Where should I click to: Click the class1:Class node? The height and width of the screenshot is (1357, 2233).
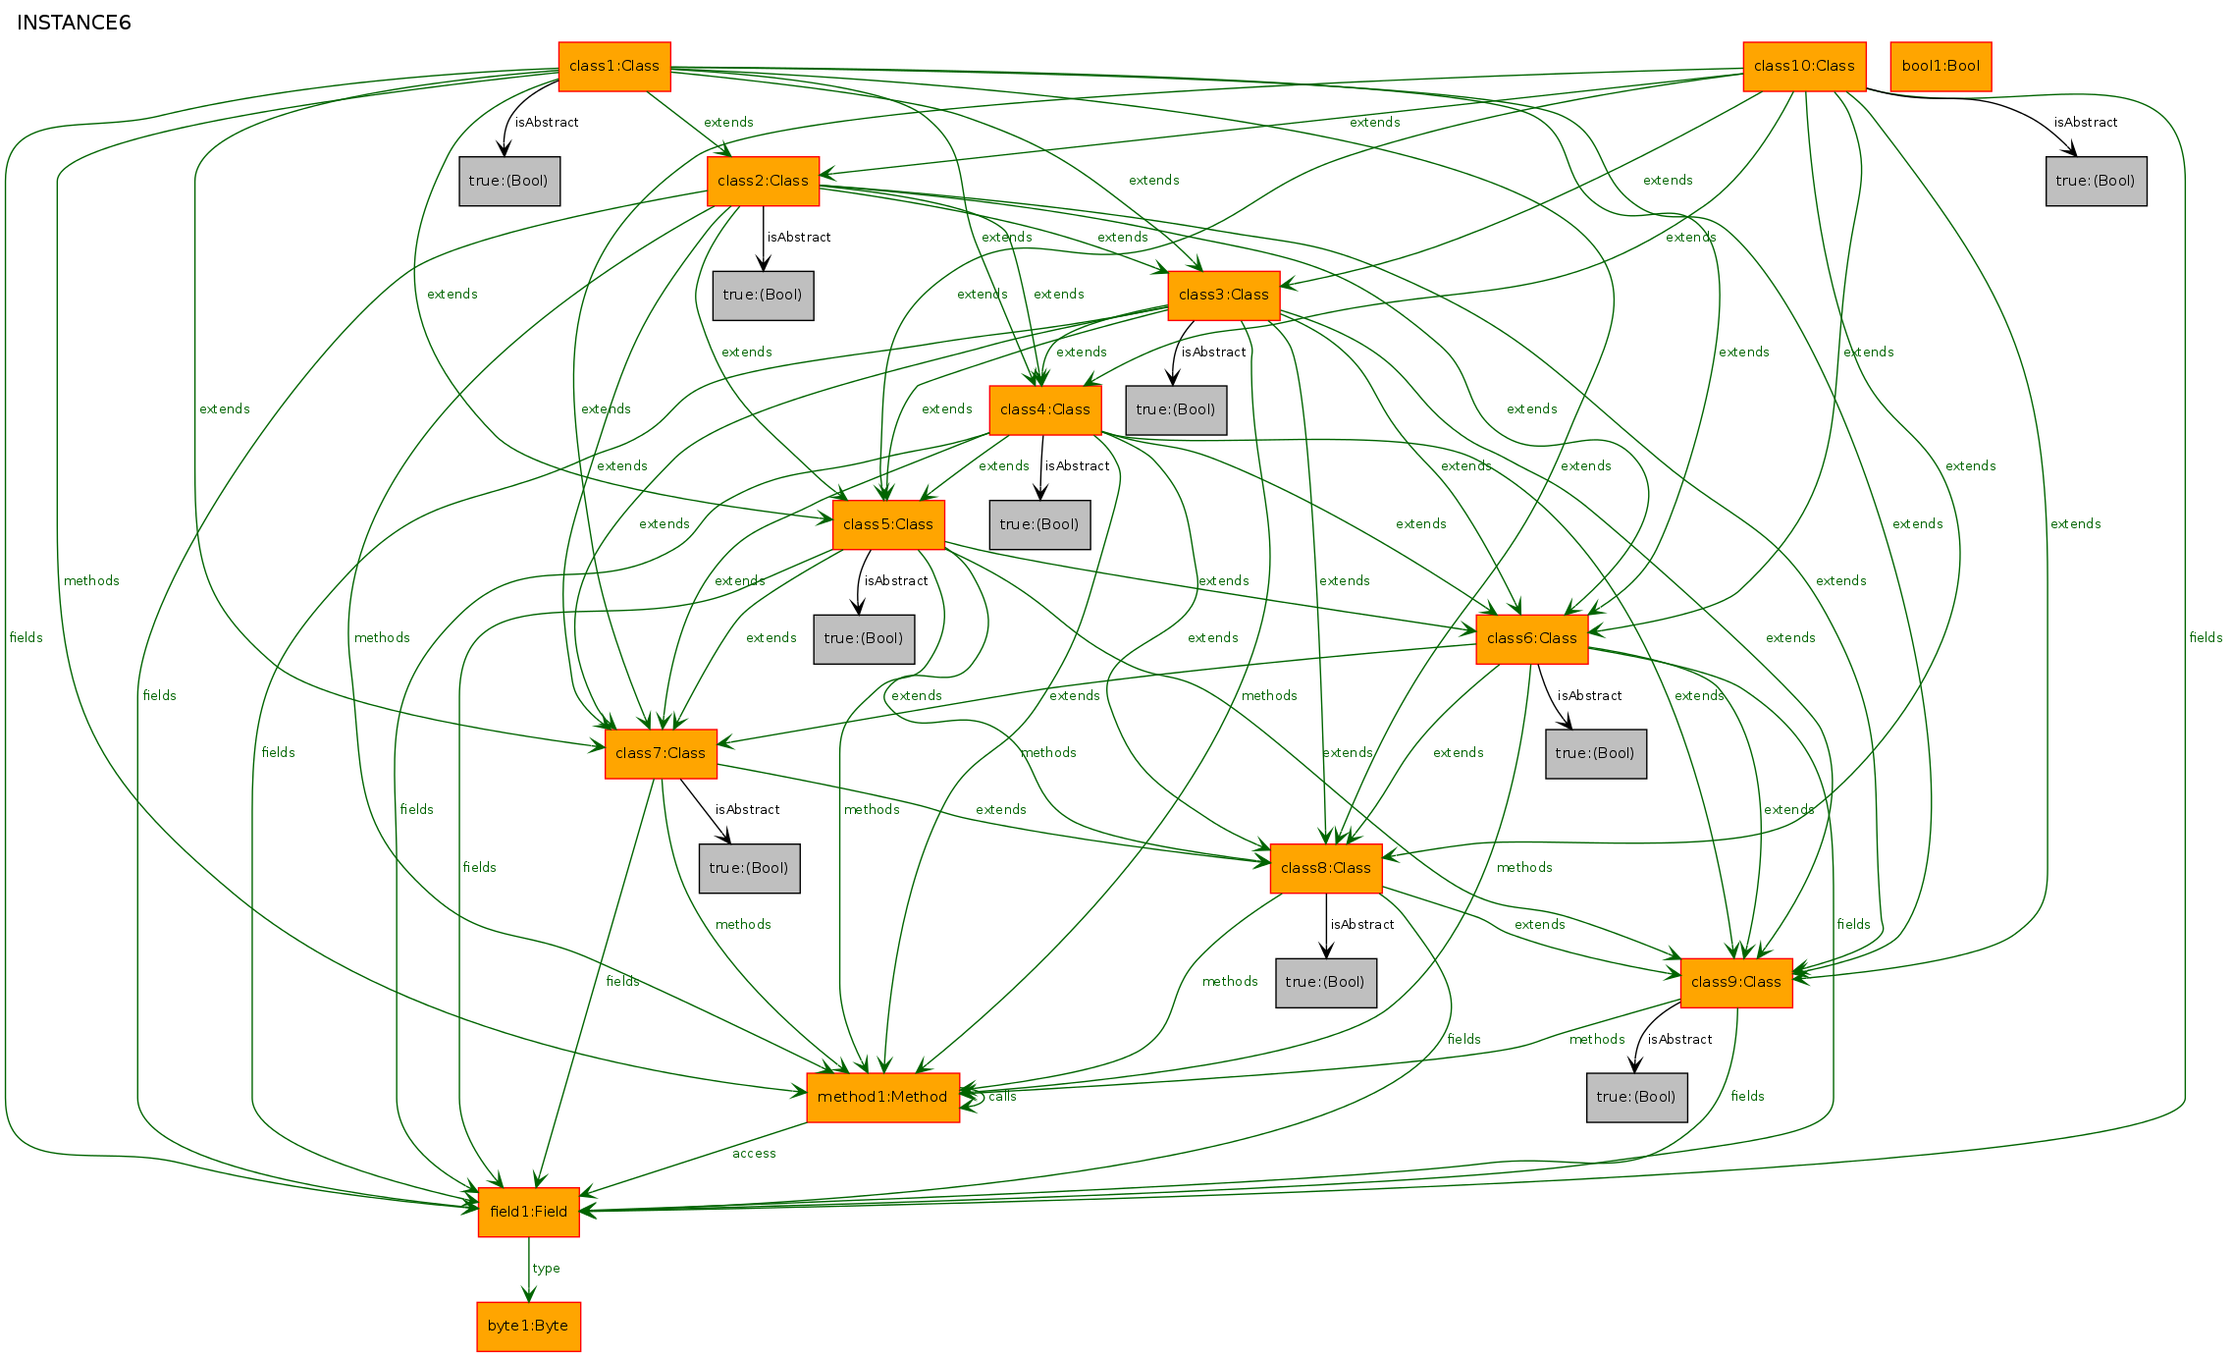click(614, 66)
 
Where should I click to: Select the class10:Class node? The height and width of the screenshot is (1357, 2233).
click(1804, 66)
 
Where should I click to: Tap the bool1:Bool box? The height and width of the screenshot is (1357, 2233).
click(1941, 66)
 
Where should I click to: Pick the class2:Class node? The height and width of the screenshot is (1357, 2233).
click(763, 181)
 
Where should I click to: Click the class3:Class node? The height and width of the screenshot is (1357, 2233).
click(1224, 295)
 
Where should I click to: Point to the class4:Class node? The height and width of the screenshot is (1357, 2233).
click(1045, 409)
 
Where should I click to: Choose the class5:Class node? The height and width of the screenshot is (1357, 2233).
click(888, 524)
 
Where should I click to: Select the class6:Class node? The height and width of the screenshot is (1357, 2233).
click(1532, 638)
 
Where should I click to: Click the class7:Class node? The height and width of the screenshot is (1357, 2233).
click(661, 753)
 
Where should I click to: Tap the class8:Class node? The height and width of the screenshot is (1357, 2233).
click(1326, 868)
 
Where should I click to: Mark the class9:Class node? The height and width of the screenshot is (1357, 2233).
click(1736, 982)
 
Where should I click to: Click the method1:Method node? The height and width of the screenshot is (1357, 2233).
click(882, 1097)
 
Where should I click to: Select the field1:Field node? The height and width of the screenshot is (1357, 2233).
click(529, 1212)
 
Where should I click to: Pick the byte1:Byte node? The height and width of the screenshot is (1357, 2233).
click(528, 1326)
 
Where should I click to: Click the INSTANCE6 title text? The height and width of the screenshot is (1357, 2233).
click(74, 23)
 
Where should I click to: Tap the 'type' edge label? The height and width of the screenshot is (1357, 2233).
click(547, 1268)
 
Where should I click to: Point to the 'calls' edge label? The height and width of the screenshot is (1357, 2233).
click(1002, 1096)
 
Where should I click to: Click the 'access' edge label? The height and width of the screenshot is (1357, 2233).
click(754, 1153)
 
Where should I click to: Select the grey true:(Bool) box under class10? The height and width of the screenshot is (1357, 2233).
click(2097, 181)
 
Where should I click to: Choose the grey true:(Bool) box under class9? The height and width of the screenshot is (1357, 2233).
click(1637, 1097)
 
